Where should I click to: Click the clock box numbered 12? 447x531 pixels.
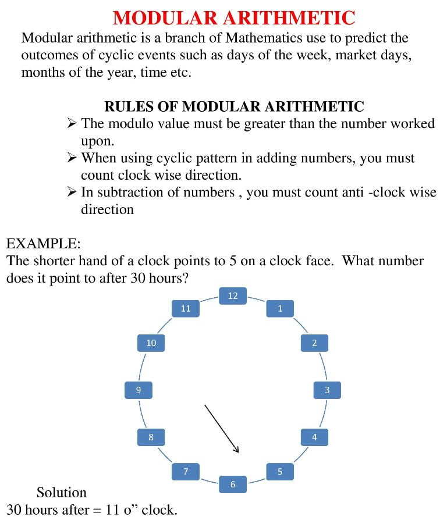pyautogui.click(x=233, y=296)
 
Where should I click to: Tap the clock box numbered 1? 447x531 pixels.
pyautogui.click(x=280, y=308)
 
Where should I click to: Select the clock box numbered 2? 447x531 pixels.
pyautogui.click(x=314, y=343)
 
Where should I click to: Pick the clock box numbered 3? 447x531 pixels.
pyautogui.click(x=327, y=390)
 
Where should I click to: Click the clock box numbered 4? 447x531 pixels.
pyautogui.click(x=314, y=437)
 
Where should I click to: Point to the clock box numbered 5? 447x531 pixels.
pyautogui.click(x=280, y=471)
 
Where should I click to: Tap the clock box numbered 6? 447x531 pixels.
pyautogui.click(x=233, y=484)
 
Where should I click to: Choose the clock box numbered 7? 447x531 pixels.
pyautogui.click(x=186, y=471)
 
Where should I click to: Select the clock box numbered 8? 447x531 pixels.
pyautogui.click(x=151, y=437)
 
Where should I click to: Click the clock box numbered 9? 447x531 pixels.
pyautogui.click(x=139, y=390)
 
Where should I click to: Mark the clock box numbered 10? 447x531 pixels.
pyautogui.click(x=151, y=343)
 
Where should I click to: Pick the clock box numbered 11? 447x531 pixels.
pyautogui.click(x=186, y=308)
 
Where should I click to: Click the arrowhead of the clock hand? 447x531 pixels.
pyautogui.click(x=236, y=448)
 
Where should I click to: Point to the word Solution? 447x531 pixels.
pyautogui.click(x=61, y=493)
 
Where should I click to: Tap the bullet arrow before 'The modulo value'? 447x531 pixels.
pyautogui.click(x=72, y=123)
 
